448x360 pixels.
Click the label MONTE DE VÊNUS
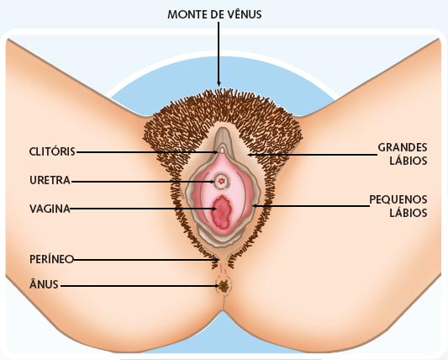pos(214,14)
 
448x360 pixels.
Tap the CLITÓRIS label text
pos(52,151)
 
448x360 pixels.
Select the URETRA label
pos(50,180)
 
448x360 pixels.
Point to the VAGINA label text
pos(50,209)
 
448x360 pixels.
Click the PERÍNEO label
pos(52,259)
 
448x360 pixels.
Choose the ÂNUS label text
pos(44,284)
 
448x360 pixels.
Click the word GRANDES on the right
pos(403,147)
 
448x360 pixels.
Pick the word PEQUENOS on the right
pos(398,199)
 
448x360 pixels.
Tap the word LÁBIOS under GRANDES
pos(408,161)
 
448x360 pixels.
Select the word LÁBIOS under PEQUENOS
pos(408,213)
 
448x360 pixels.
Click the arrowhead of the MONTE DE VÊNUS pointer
pos(219,83)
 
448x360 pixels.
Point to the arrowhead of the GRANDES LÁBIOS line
pos(250,155)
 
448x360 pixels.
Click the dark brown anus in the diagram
pos(223,285)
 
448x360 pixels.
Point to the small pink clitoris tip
pos(222,150)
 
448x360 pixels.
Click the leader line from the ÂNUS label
pos(140,286)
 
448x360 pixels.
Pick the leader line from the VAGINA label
pos(144,209)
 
